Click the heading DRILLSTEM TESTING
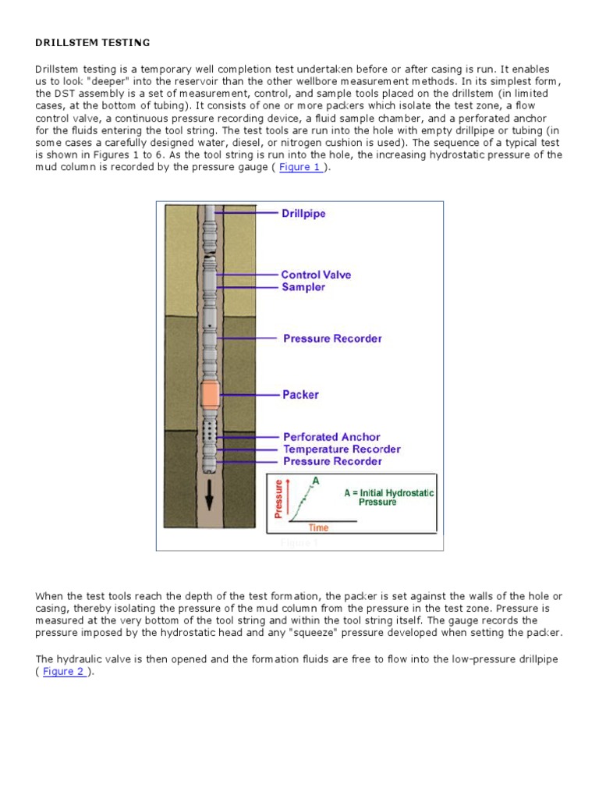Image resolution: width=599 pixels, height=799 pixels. [93, 41]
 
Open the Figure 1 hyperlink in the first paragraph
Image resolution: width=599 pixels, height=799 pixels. [299, 168]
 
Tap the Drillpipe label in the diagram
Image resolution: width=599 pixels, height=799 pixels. [303, 213]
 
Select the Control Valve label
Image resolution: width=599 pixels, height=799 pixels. [316, 275]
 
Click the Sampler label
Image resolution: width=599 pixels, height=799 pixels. [303, 287]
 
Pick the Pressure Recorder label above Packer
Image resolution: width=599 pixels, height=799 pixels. [332, 339]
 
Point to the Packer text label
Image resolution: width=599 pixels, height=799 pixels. [300, 395]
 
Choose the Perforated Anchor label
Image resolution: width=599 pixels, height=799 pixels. [331, 437]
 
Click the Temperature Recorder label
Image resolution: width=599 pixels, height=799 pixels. [342, 449]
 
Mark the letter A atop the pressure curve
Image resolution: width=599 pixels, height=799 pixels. [316, 481]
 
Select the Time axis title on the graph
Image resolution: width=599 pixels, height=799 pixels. [318, 528]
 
